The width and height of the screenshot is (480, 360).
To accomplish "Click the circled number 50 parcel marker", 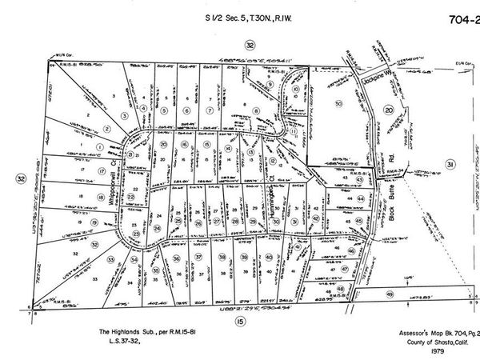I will click(338, 104).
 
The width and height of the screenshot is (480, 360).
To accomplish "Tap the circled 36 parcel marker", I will click(175, 258).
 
